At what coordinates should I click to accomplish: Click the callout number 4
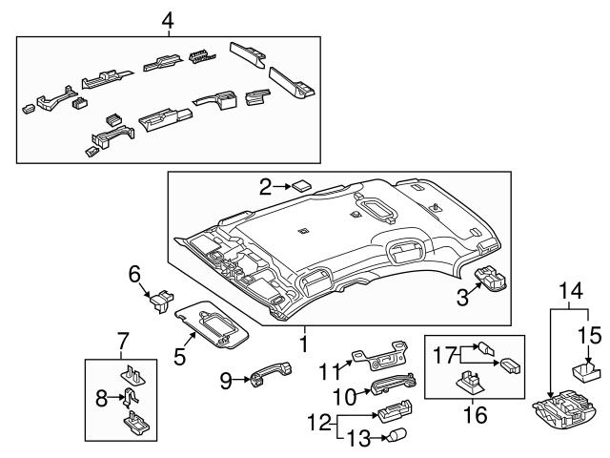[x=168, y=19]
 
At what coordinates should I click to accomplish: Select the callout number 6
[x=135, y=274]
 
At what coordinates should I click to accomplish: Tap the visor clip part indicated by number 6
[x=158, y=302]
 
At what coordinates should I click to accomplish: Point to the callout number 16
[x=474, y=415]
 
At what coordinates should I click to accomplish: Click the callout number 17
[x=442, y=354]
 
